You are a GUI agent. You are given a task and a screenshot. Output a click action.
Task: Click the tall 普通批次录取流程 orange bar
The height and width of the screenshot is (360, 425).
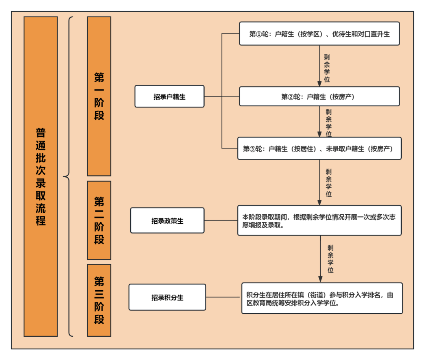(x=41, y=176)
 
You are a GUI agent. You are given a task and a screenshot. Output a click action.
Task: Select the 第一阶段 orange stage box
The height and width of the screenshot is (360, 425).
(x=99, y=96)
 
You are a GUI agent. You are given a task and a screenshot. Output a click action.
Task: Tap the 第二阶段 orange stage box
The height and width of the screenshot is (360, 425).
(x=99, y=220)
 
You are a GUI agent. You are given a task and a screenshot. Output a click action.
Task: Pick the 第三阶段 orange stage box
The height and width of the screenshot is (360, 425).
(x=99, y=300)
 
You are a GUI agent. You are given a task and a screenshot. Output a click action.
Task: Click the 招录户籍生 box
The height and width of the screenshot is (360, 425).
(x=169, y=96)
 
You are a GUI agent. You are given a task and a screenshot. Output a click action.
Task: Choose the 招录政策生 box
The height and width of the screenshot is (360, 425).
(x=167, y=220)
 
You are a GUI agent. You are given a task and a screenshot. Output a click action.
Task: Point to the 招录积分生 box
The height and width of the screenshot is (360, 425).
(x=167, y=297)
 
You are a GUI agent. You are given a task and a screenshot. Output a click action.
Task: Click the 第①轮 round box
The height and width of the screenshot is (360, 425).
(x=319, y=33)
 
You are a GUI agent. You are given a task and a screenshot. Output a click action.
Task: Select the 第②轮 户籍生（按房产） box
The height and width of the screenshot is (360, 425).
(x=319, y=96)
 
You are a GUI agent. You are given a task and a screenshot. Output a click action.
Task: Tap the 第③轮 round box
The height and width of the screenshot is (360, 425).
(x=319, y=148)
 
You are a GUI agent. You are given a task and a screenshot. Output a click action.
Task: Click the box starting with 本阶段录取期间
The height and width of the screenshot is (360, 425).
(x=319, y=220)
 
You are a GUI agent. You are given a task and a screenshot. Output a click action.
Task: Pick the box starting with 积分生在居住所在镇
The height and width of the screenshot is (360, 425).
(x=322, y=298)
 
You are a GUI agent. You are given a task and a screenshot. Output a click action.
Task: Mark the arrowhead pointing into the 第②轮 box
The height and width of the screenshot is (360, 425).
(x=319, y=84)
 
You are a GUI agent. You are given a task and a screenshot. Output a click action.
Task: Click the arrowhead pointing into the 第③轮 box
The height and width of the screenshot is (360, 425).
(x=319, y=135)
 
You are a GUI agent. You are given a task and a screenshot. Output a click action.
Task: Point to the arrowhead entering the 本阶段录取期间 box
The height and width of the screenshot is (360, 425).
(x=319, y=203)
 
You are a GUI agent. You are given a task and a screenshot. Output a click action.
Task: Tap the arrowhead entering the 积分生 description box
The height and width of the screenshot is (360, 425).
(x=320, y=279)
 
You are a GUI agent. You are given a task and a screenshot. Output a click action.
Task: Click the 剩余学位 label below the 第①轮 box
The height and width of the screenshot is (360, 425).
(x=327, y=69)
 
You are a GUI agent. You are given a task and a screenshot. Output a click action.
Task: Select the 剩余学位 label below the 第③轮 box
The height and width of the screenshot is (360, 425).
(x=329, y=183)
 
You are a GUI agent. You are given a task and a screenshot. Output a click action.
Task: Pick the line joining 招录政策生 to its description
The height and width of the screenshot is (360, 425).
(x=221, y=220)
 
